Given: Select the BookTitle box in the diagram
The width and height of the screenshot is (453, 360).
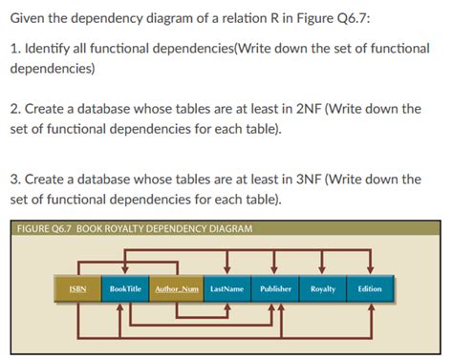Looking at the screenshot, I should click(126, 288).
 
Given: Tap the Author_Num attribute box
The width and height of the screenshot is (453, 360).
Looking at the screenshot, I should click(177, 288).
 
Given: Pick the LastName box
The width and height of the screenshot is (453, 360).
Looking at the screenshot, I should click(227, 288).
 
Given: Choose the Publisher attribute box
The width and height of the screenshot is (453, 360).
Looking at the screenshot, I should click(275, 288).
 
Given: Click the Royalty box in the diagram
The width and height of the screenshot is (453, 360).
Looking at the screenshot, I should click(323, 288).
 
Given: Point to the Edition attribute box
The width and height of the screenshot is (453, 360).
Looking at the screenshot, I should click(370, 288).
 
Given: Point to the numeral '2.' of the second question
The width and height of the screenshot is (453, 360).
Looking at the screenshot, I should click(16, 109).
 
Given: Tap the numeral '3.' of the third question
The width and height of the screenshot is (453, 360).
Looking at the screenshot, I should click(16, 179).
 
